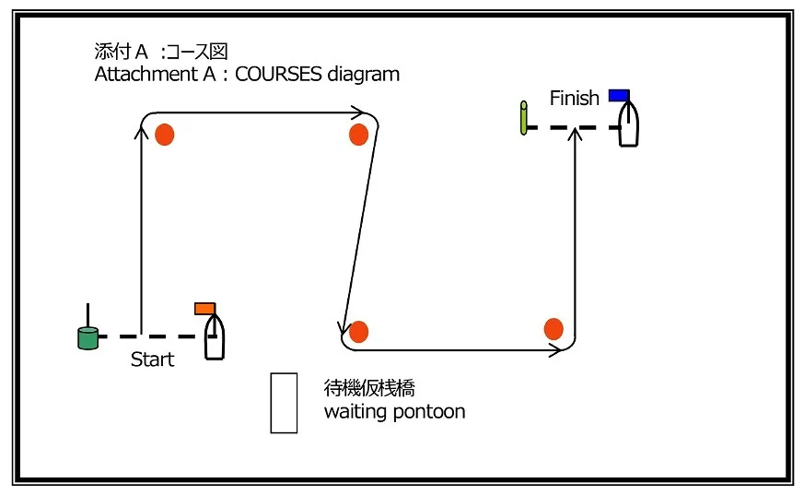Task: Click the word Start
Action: tap(152, 359)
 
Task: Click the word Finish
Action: tap(575, 98)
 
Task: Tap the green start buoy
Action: tap(87, 338)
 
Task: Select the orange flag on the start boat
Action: tap(204, 308)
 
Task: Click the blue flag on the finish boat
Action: tap(619, 96)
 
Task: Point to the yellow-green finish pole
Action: tap(523, 118)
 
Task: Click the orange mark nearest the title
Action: tap(165, 135)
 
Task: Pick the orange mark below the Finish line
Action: tap(553, 329)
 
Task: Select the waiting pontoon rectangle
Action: tap(284, 403)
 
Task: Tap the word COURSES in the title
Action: tap(278, 74)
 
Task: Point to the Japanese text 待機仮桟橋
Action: tap(369, 388)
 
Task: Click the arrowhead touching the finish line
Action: tap(576, 135)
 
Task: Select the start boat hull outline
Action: tap(215, 336)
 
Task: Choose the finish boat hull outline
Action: tap(629, 124)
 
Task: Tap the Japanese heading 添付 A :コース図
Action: tap(161, 52)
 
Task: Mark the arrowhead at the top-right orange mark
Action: tap(357, 112)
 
